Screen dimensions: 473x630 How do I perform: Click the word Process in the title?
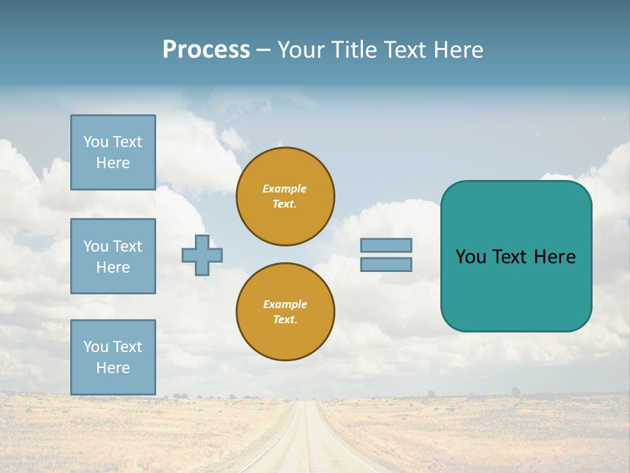coord(206,50)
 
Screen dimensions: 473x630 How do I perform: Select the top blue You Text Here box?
coord(113,152)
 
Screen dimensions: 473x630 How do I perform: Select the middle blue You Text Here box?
coord(113,256)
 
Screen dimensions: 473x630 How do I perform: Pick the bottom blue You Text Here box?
coord(113,357)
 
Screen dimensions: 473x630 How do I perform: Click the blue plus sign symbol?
coord(202,255)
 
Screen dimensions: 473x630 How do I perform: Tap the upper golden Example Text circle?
coord(285,196)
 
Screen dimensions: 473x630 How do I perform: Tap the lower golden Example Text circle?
coord(285,312)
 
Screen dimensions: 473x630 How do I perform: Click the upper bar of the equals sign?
coord(386,245)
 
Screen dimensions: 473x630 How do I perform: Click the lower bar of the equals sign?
coord(386,264)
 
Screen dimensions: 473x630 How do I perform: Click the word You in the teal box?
coord(470,257)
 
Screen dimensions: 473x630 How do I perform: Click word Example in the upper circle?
coord(285,189)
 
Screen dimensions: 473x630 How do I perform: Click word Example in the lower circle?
coord(285,304)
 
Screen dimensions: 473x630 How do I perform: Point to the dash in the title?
coord(263,51)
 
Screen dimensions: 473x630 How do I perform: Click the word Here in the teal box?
coord(555,257)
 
